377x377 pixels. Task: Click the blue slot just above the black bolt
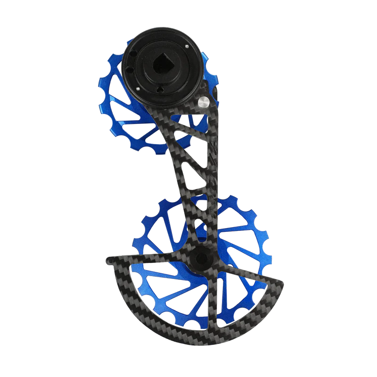click(202, 231)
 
